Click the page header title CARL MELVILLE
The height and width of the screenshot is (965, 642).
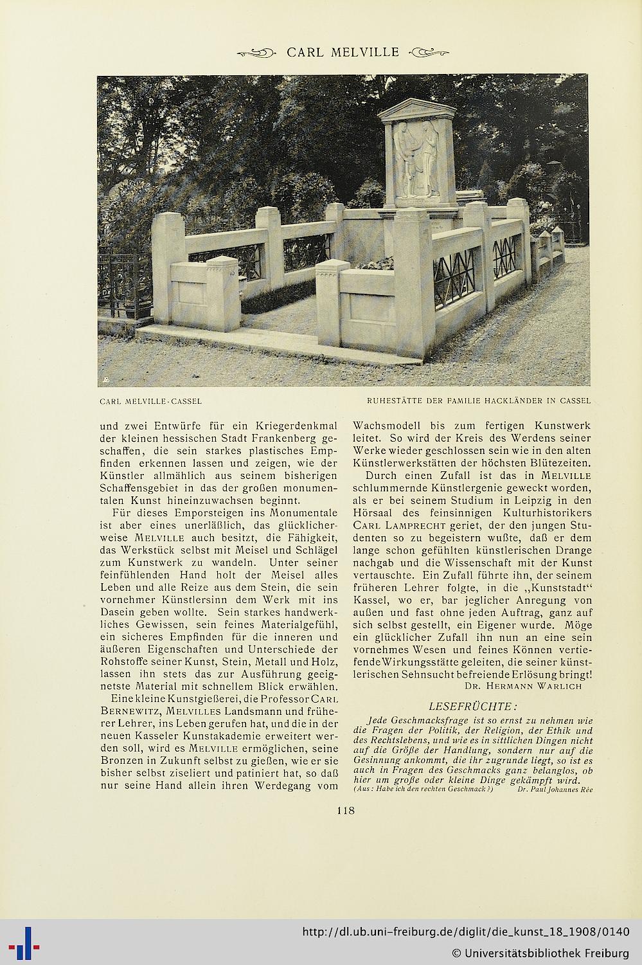[343, 52]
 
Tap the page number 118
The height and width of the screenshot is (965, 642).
[346, 810]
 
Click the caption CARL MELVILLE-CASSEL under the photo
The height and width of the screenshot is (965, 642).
[151, 401]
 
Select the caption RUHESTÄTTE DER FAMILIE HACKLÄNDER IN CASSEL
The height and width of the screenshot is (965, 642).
[478, 401]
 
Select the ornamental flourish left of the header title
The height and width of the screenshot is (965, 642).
[256, 53]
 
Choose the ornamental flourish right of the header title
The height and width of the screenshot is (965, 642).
[430, 53]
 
